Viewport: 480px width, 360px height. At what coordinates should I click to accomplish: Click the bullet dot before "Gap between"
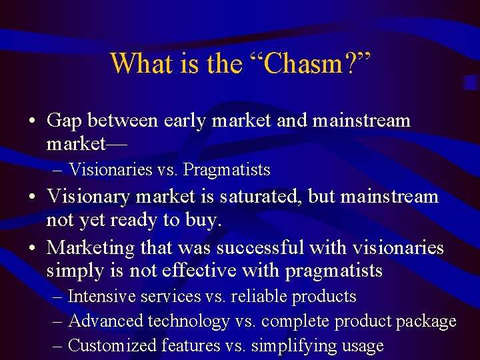pyautogui.click(x=33, y=122)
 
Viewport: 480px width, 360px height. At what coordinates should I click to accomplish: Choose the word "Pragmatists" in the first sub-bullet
pyautogui.click(x=227, y=170)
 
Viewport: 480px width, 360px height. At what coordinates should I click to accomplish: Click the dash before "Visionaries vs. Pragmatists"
pyautogui.click(x=58, y=170)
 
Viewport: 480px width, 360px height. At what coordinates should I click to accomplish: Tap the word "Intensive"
pyautogui.click(x=101, y=297)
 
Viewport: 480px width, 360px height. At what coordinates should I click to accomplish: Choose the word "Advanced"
pyautogui.click(x=106, y=321)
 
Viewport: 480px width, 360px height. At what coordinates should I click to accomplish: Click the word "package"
pyautogui.click(x=426, y=321)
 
